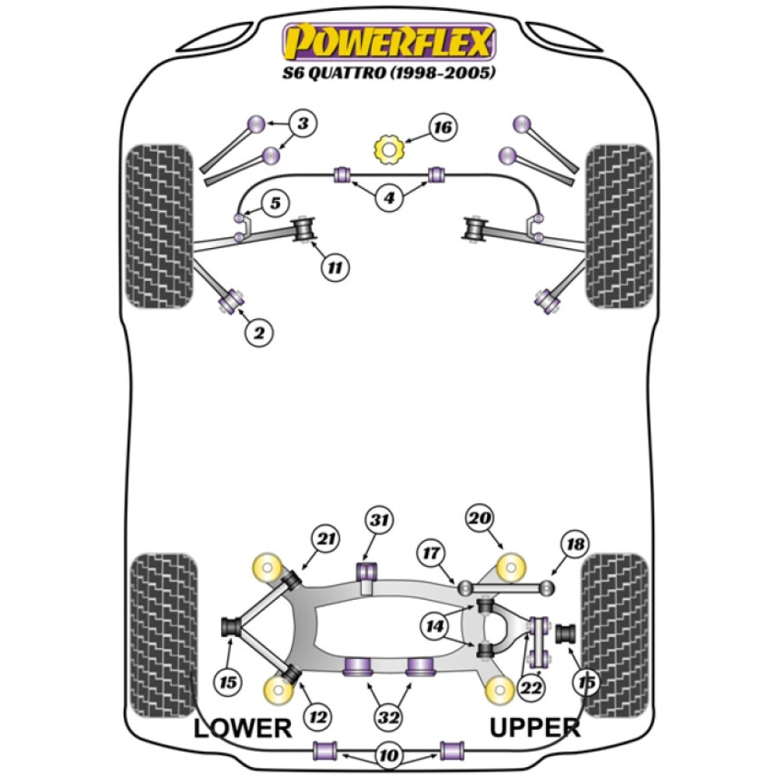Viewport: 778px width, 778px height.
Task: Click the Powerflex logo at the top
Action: (x=388, y=42)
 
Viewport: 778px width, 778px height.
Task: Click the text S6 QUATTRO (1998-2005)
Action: (x=388, y=74)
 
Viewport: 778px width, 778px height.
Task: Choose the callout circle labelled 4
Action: (x=388, y=198)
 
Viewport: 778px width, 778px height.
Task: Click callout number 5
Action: (x=275, y=205)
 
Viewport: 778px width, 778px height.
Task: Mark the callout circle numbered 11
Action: (x=335, y=268)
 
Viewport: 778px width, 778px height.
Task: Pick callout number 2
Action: (x=260, y=333)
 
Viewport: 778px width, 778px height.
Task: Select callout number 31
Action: (x=380, y=520)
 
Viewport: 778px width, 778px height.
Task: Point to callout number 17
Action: (x=432, y=552)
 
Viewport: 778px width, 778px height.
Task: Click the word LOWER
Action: (x=242, y=728)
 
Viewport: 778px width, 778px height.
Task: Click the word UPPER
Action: (x=534, y=728)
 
